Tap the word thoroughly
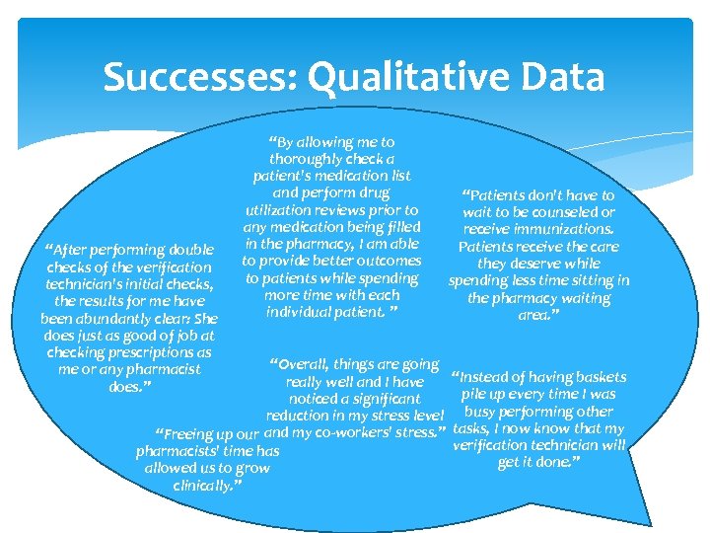coord(313,159)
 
